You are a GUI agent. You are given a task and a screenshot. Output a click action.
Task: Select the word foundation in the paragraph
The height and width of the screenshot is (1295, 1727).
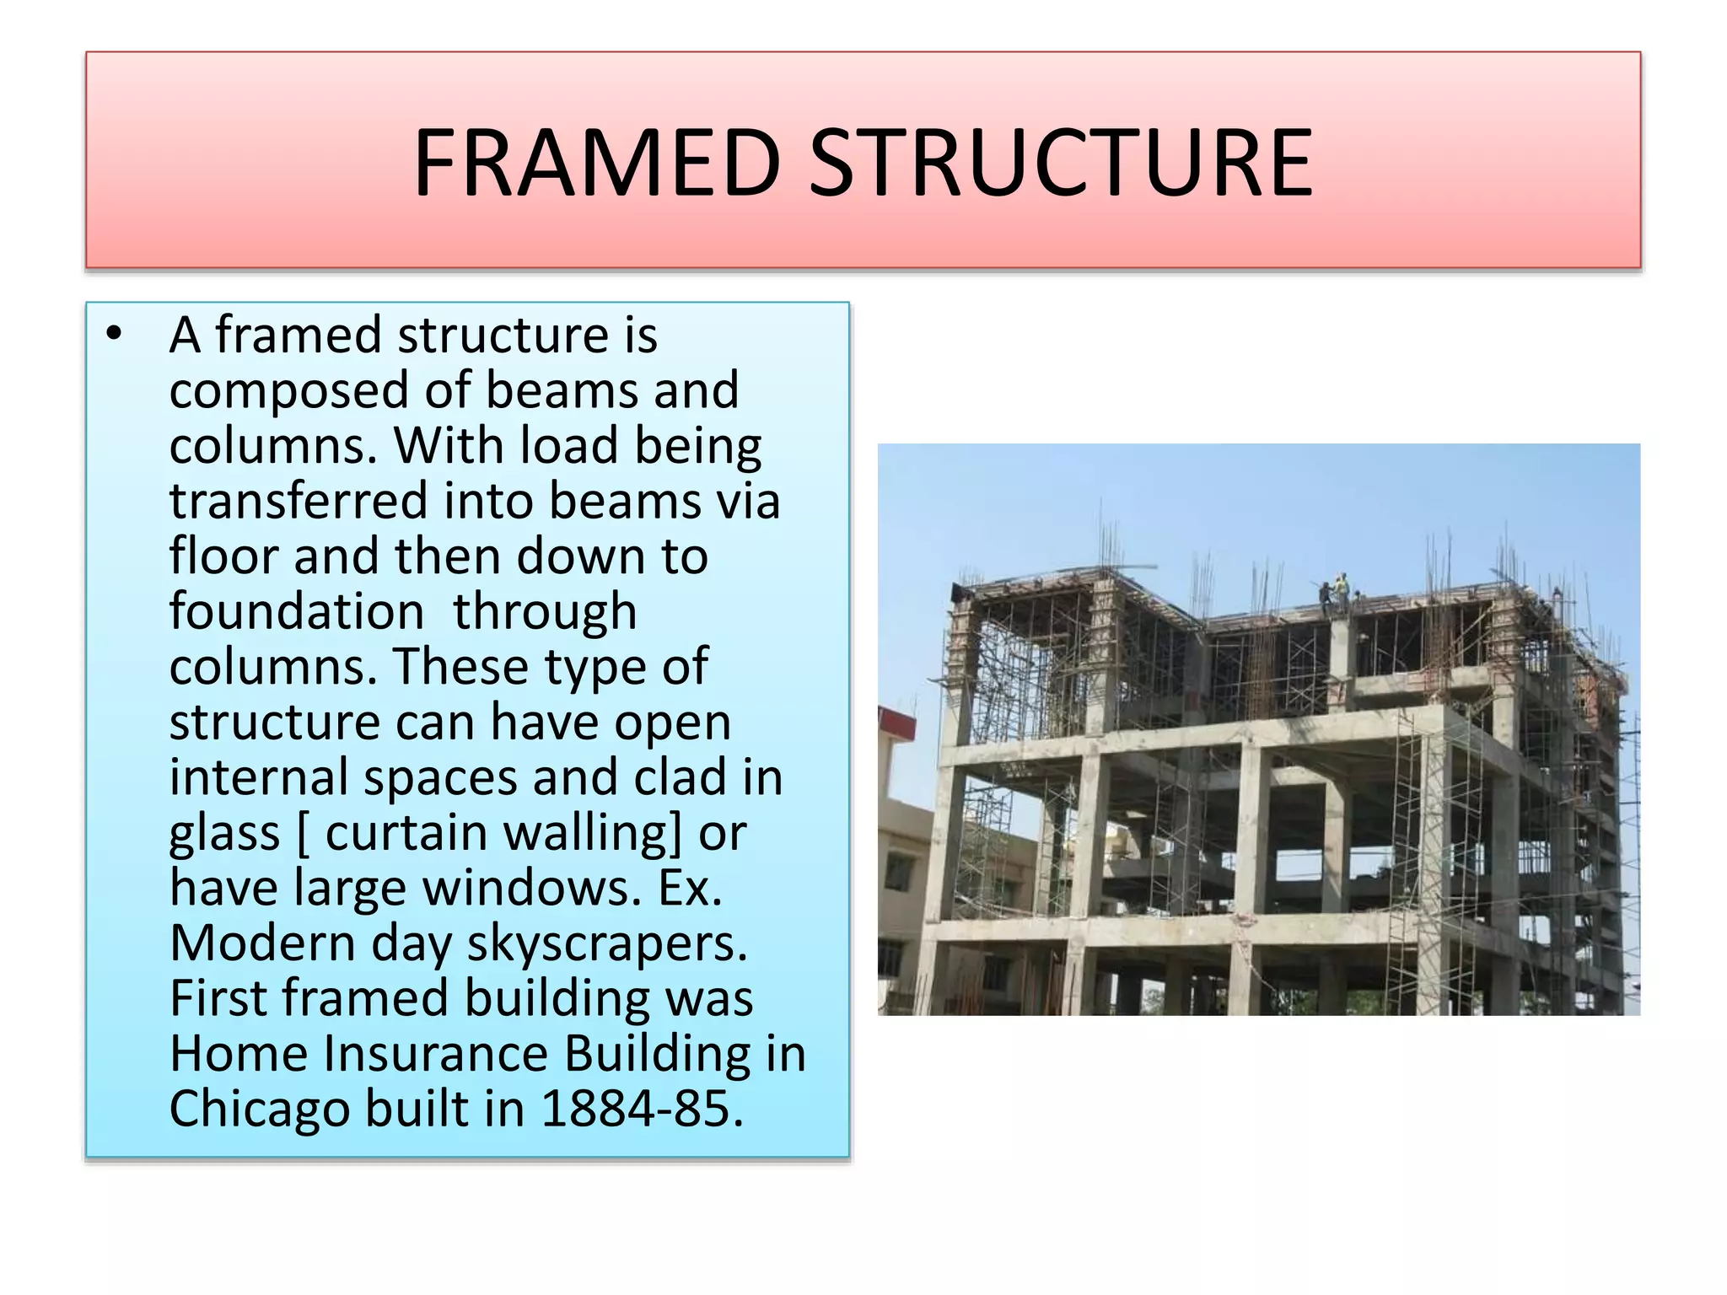click(296, 611)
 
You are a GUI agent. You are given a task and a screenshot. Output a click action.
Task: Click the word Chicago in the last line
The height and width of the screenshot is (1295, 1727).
click(259, 1109)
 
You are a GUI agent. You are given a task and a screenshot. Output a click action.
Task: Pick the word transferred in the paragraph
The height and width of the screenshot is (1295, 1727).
click(299, 501)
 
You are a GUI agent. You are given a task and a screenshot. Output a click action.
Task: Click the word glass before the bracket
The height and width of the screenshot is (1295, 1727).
click(224, 833)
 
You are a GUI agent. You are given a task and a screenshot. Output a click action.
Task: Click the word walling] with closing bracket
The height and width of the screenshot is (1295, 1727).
click(593, 833)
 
